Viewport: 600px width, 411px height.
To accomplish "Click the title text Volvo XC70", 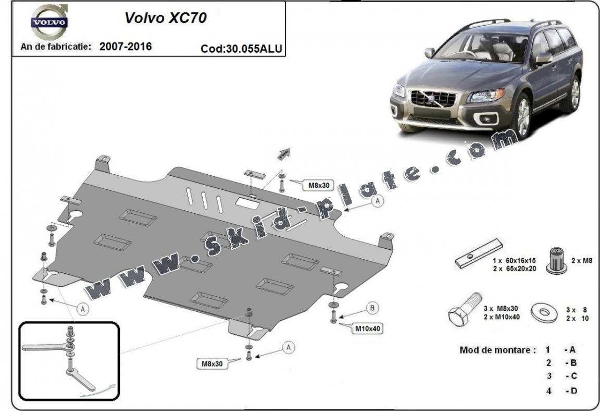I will tap(165, 18).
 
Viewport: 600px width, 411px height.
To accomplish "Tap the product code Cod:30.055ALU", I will tap(241, 49).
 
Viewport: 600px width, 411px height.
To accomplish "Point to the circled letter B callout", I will tap(372, 308).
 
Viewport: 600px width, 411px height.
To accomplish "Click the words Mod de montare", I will tap(497, 350).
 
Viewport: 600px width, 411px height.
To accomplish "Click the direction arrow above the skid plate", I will tap(283, 153).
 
